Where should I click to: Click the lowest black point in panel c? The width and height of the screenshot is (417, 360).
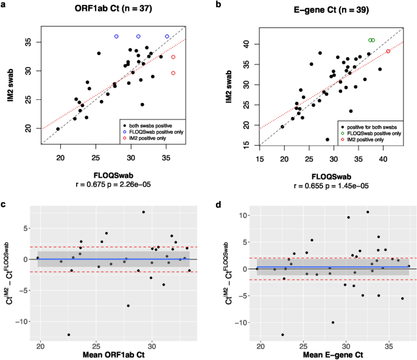pos(69,334)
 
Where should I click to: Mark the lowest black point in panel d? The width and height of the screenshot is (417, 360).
pos(282,334)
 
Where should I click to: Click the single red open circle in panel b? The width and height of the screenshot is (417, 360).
pos(388,51)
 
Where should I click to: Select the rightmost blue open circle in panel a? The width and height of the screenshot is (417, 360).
pos(167,37)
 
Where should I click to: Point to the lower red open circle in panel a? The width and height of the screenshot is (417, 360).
pos(173,73)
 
